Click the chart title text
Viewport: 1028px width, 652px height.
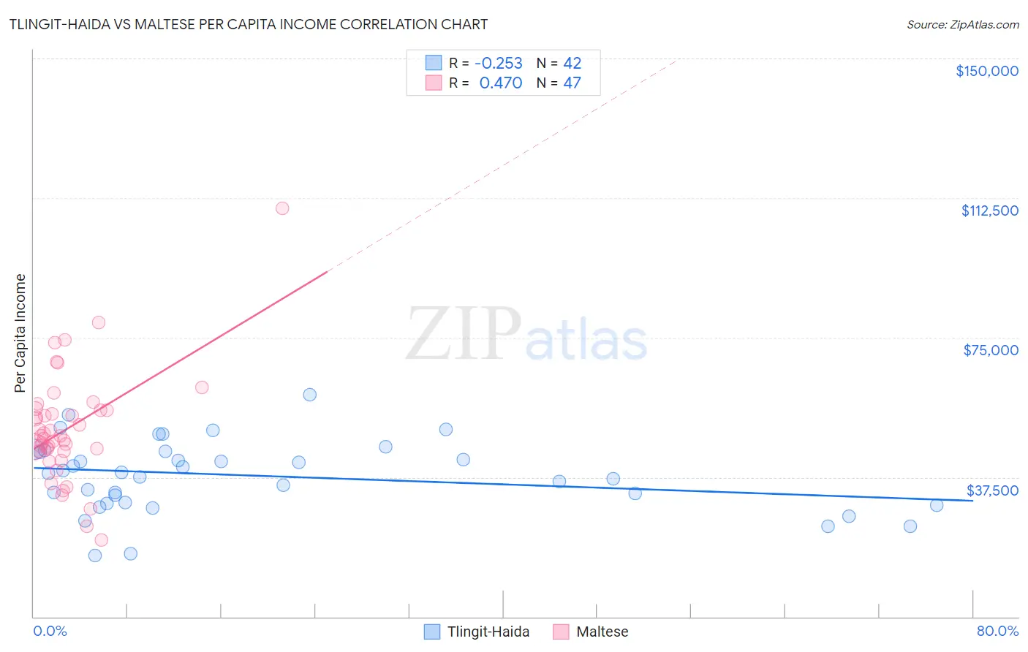click(x=249, y=24)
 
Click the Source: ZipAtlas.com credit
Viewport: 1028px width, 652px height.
click(x=962, y=25)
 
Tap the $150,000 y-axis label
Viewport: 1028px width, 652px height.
click(x=986, y=71)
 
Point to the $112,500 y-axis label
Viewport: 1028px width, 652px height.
click(x=989, y=211)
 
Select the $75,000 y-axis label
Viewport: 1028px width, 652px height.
click(x=990, y=350)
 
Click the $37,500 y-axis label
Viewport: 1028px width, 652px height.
click(x=991, y=490)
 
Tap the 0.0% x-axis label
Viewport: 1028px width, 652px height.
click(x=50, y=631)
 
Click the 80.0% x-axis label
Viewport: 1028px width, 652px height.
click(x=997, y=631)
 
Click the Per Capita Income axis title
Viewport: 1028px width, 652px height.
click(x=20, y=333)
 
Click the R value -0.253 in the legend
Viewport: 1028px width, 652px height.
click(x=499, y=64)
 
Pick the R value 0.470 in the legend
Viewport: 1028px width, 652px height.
click(x=500, y=83)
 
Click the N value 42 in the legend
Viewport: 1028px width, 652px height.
click(x=572, y=64)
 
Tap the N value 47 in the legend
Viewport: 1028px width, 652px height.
click(x=572, y=83)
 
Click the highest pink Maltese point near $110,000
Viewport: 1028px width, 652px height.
click(x=282, y=208)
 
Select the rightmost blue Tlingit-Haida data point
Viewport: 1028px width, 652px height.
click(x=937, y=505)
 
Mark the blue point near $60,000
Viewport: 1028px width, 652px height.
click(x=310, y=395)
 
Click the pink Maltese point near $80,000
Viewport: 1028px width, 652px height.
click(x=99, y=322)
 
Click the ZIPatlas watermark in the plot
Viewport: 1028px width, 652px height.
click(x=526, y=336)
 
